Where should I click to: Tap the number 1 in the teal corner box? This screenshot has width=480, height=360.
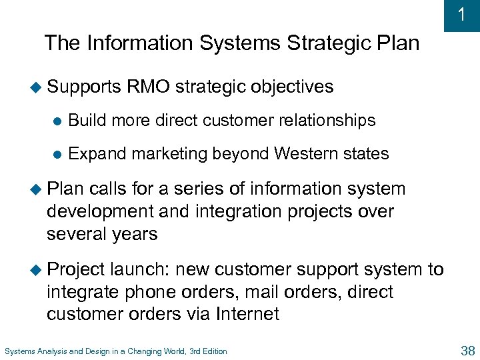pos(462,15)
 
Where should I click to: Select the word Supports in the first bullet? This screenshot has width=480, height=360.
pos(85,87)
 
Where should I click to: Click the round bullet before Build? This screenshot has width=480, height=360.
pos(57,121)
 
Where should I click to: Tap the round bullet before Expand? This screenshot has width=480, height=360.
pos(57,155)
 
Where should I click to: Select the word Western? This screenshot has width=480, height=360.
pos(308,154)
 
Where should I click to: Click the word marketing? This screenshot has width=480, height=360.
pos(170,154)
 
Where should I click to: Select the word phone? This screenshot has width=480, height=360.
pos(151,292)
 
